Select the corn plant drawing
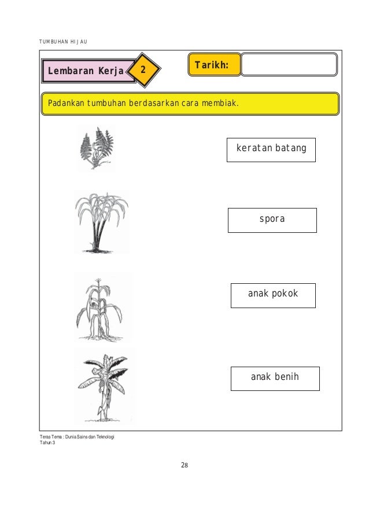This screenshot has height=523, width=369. (100, 308)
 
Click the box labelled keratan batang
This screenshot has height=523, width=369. (271, 149)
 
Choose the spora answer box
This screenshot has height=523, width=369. (272, 220)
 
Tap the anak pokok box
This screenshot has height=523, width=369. (273, 294)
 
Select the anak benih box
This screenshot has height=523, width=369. (274, 378)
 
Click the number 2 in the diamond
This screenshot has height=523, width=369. (143, 72)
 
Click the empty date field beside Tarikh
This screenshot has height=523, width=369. (289, 65)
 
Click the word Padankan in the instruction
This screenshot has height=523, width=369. (66, 104)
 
